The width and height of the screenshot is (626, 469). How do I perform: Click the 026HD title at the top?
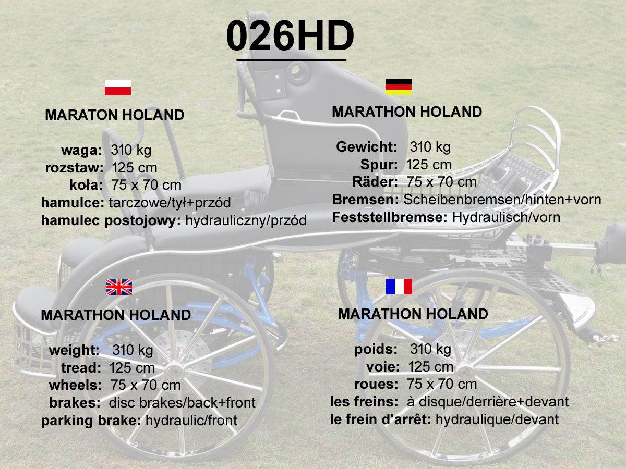click(x=290, y=35)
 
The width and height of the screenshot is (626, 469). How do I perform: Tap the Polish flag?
click(x=118, y=88)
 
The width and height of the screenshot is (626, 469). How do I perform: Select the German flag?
click(x=399, y=87)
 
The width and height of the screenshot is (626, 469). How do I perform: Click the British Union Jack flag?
click(x=118, y=287)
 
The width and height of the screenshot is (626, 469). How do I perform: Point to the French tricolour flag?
click(x=399, y=287)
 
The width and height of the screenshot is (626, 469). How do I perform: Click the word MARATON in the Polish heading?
click(x=81, y=115)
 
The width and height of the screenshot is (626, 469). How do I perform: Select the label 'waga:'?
click(x=81, y=151)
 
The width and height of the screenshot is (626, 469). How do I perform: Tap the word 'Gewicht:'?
click(x=367, y=147)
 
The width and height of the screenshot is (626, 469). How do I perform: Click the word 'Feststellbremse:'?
click(x=390, y=217)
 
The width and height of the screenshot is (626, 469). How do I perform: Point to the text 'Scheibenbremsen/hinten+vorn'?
click(x=502, y=200)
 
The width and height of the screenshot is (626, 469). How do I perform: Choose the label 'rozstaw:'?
click(x=74, y=168)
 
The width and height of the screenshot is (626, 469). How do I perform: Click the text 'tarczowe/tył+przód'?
click(x=170, y=203)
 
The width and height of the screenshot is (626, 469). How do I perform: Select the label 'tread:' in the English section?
click(x=81, y=368)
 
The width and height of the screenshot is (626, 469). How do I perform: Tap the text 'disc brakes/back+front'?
click(x=182, y=403)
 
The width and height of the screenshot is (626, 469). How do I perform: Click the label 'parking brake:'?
click(x=91, y=421)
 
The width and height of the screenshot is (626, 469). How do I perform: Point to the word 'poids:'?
click(x=376, y=349)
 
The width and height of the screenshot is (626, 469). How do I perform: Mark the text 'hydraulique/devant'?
click(x=497, y=419)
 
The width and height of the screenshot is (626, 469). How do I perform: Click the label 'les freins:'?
click(x=364, y=402)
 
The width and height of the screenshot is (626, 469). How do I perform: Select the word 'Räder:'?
click(x=375, y=182)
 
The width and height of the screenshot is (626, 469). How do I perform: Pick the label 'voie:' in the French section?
click(x=383, y=367)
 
